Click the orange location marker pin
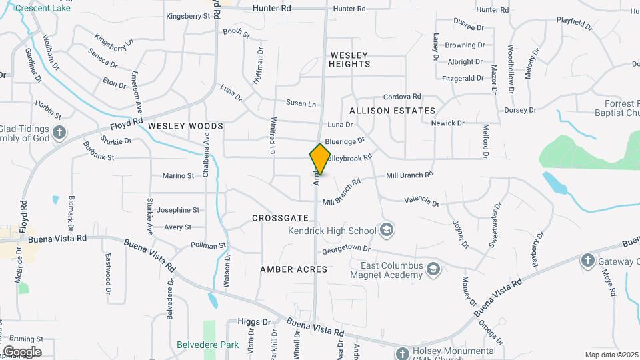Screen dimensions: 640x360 tap(320, 159)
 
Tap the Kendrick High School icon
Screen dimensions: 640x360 tap(386, 231)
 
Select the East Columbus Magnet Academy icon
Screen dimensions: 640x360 tap(433, 269)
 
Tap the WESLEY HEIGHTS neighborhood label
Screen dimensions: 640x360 tap(349, 59)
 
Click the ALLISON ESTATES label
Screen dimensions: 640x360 tap(392, 111)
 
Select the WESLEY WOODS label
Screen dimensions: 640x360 tap(176, 125)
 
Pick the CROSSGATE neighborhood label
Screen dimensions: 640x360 tap(280, 218)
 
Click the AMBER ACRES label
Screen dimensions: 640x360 tap(293, 269)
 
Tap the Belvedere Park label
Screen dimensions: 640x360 tap(208, 345)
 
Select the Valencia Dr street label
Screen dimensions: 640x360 tap(421, 201)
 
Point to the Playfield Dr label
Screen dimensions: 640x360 tap(574, 24)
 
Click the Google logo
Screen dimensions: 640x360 tap(21, 352)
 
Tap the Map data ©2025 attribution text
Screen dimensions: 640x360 tap(611, 355)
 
